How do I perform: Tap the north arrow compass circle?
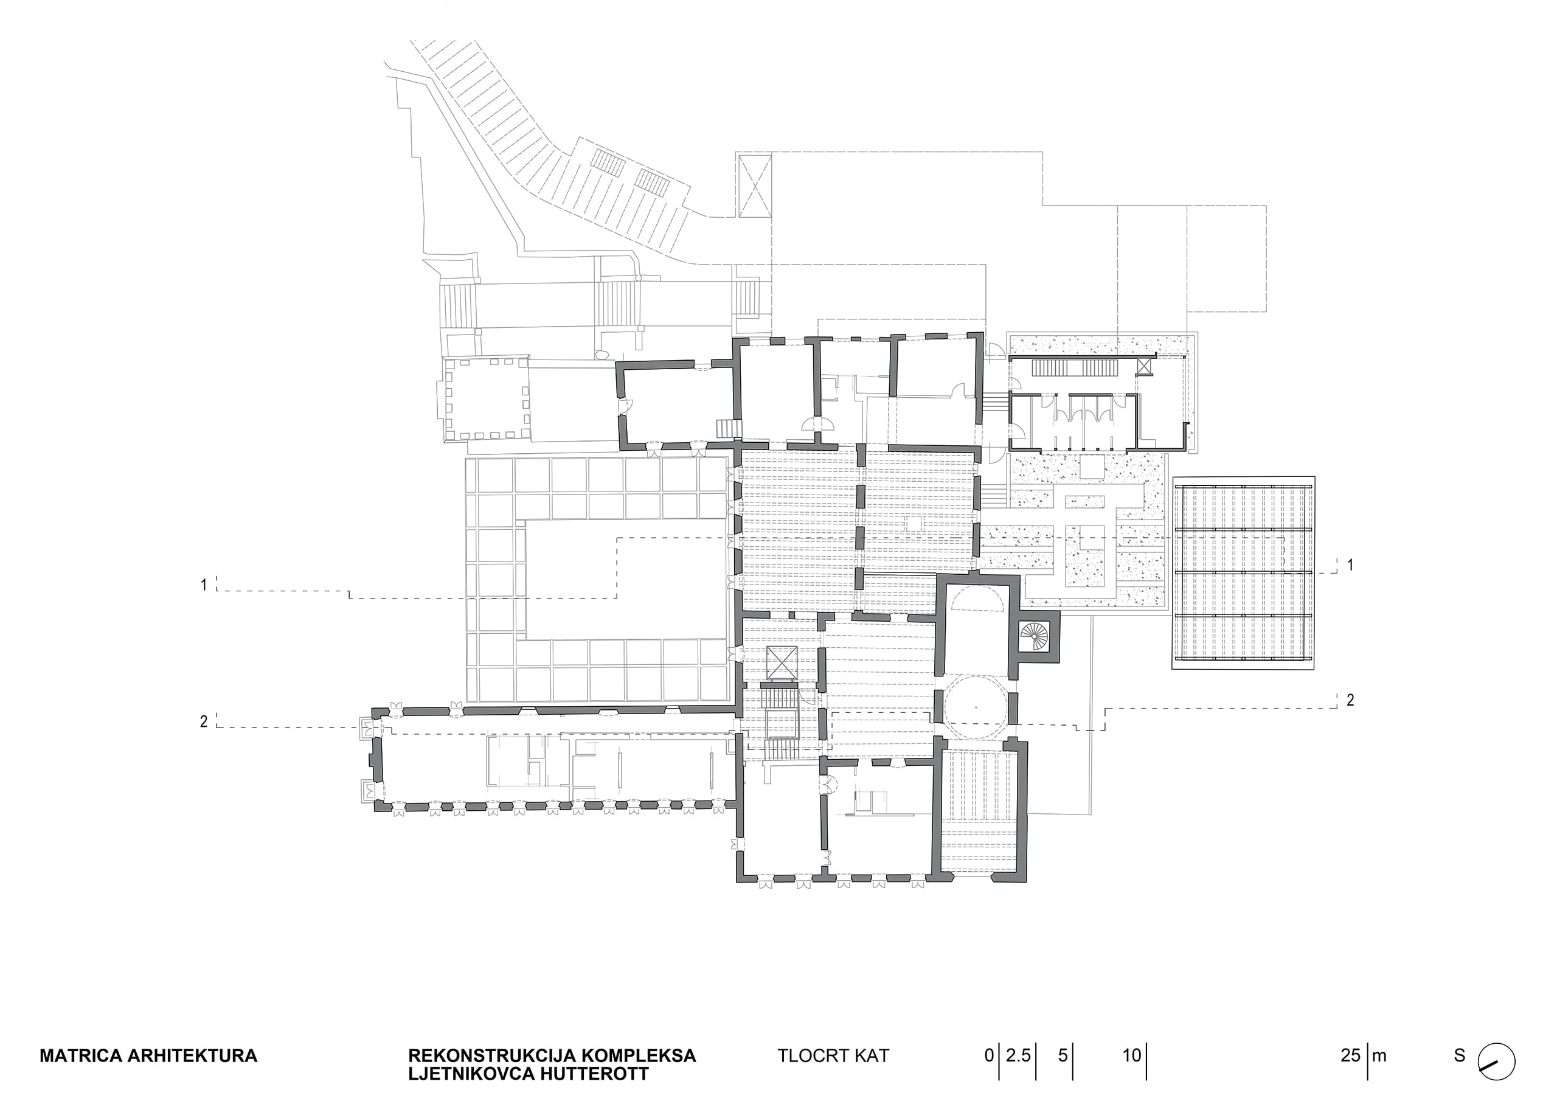[x=1497, y=1078]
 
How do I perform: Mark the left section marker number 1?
[x=203, y=584]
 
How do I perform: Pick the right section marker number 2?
[x=1350, y=700]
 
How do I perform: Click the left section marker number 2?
[x=203, y=722]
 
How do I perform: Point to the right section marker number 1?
[x=1350, y=564]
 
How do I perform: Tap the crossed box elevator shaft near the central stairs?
[x=779, y=663]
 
